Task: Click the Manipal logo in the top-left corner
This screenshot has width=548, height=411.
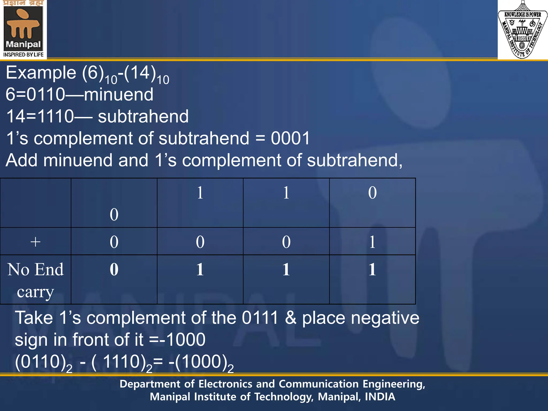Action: tap(23, 29)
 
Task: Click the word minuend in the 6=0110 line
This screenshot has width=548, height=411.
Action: tap(119, 94)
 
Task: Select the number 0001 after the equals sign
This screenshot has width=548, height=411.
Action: tap(290, 138)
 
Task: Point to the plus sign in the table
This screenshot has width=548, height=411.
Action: tap(35, 242)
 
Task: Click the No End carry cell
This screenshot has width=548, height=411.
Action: tap(35, 280)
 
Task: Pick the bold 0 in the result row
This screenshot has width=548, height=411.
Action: tap(114, 269)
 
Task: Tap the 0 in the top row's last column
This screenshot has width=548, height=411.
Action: tap(372, 193)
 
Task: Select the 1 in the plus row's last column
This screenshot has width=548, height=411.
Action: tap(372, 242)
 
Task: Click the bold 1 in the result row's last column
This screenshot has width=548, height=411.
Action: tap(372, 269)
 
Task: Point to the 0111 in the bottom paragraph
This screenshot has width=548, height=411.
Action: tap(260, 318)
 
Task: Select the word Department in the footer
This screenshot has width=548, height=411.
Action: tap(150, 384)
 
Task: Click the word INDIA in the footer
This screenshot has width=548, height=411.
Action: tap(380, 397)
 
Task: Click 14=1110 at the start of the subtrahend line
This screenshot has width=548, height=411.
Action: tap(40, 116)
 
